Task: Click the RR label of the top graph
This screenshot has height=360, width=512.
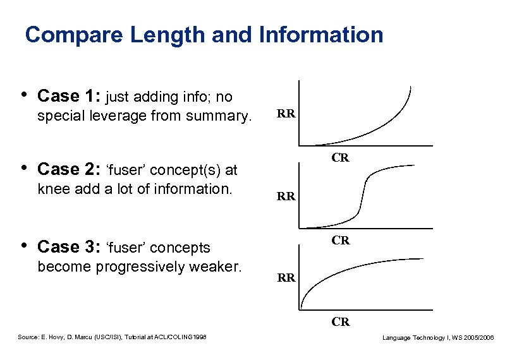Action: [286, 114]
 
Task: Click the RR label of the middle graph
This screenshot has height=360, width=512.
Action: [286, 196]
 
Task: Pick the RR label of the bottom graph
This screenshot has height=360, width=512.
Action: [286, 277]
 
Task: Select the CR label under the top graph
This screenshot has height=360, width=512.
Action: [341, 158]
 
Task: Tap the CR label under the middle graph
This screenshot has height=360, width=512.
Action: [341, 240]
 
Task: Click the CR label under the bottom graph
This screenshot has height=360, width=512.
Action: [341, 322]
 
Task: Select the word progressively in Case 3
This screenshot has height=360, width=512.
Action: [138, 267]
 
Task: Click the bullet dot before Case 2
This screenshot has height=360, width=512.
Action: [23, 168]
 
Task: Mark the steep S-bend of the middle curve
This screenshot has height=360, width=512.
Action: [362, 196]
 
